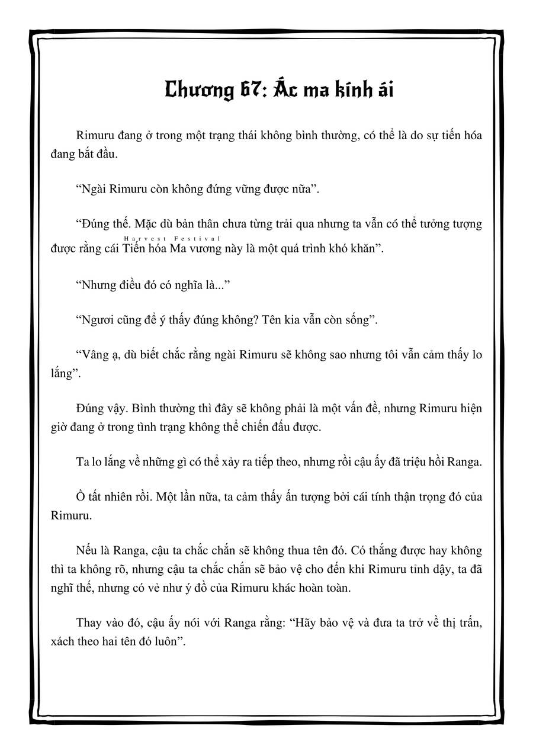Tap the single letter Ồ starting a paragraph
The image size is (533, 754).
[x=82, y=496]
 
